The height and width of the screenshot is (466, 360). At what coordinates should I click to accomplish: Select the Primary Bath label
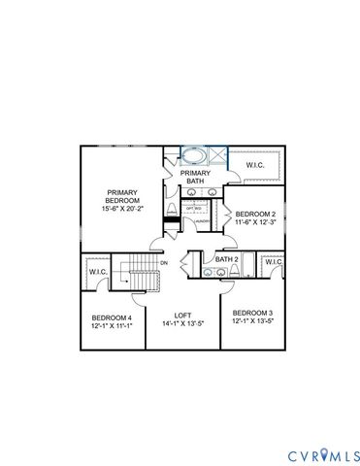194,176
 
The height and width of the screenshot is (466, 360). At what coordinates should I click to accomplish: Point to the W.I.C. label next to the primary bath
256,166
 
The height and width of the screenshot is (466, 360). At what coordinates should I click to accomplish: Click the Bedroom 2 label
257,214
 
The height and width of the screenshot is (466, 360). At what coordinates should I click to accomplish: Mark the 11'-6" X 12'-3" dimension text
257,223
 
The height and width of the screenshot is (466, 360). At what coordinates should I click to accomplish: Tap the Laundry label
202,221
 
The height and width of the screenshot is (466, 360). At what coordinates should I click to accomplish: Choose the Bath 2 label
226,259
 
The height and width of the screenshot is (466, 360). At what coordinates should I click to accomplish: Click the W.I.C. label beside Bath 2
273,262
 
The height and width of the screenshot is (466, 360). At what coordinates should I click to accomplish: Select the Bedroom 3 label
252,312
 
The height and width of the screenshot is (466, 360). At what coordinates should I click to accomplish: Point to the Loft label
182,316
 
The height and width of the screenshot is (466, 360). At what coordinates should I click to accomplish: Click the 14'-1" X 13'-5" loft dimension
182,325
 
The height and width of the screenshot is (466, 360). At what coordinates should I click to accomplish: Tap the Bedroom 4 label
112,316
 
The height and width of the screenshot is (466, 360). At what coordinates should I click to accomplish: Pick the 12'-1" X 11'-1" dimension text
112,325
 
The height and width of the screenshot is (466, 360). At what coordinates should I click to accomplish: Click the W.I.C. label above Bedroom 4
99,272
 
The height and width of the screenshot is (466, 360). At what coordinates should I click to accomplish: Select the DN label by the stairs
164,263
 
